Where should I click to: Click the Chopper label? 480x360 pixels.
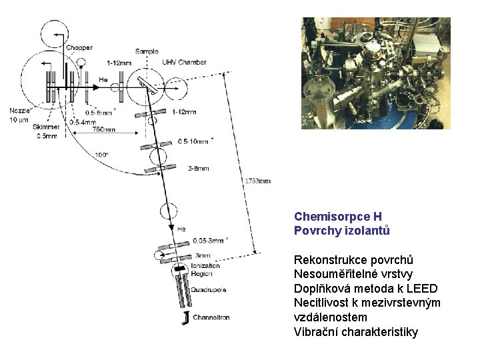(x=79, y=47)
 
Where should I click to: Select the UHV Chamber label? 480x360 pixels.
(x=184, y=62)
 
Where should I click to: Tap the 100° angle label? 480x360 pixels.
(x=101, y=155)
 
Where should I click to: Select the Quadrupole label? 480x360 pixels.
(x=209, y=289)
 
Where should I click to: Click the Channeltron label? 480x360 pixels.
(x=211, y=317)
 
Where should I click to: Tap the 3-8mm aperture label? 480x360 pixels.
(x=198, y=169)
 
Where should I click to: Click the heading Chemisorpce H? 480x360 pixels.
(x=337, y=217)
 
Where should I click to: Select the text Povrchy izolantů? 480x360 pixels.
(x=341, y=231)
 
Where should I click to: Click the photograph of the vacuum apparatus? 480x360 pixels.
(x=376, y=73)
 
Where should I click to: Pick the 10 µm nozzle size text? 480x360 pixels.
(x=19, y=120)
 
